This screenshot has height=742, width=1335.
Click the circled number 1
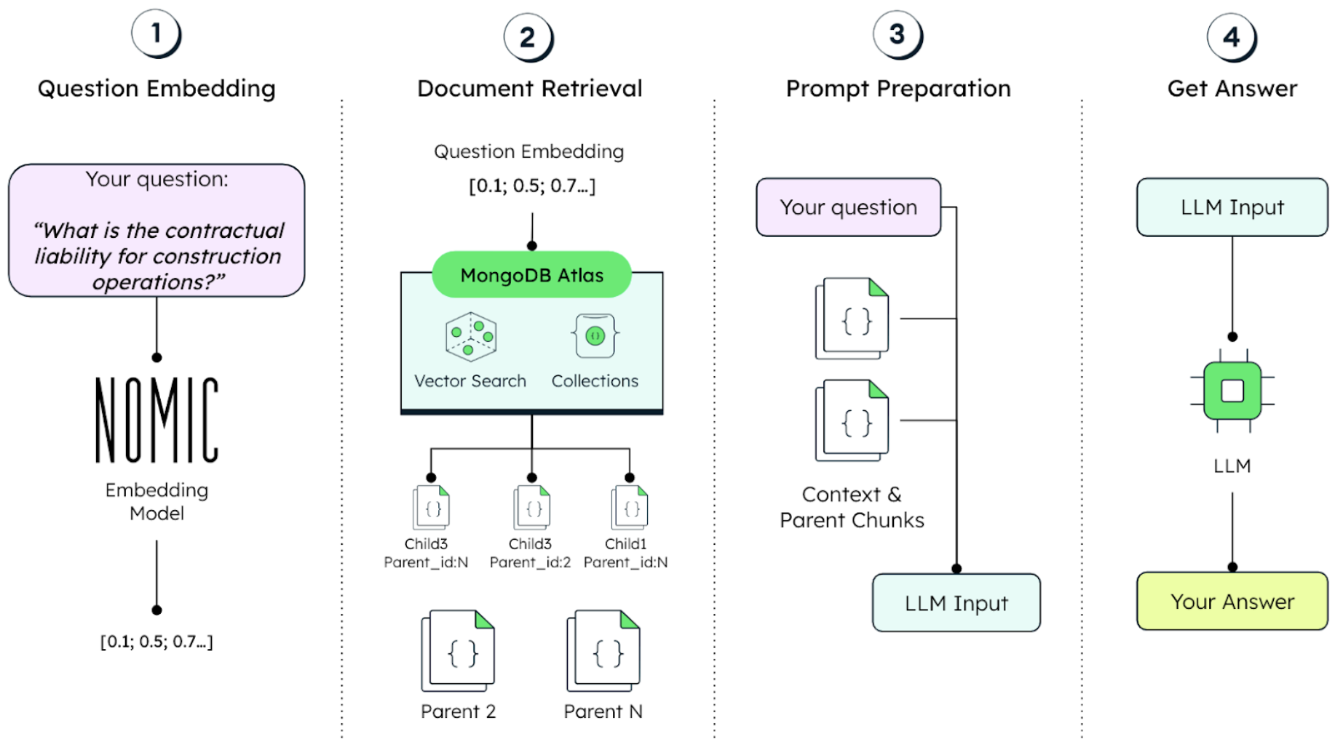pos(156,33)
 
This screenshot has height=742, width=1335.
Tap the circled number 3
pos(897,34)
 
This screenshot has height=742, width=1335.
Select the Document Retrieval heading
pos(529,89)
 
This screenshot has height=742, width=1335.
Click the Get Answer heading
pos(1232,89)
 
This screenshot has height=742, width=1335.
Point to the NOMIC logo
pos(157,420)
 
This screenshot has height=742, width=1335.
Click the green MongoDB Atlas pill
pos(531,275)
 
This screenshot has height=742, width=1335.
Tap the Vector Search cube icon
pos(471,337)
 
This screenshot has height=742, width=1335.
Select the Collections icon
pos(595,336)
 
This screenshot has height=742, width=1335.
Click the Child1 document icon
pos(630,508)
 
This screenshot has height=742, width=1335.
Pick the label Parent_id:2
pos(530,562)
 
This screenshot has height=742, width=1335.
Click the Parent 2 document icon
pos(458,651)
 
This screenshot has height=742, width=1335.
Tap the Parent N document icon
pos(603,651)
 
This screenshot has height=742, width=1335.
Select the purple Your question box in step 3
pos(848,207)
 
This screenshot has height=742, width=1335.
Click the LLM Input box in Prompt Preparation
pos(956,603)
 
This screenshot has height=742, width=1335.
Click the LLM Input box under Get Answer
pos(1232,207)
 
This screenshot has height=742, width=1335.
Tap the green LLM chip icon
pos(1232,391)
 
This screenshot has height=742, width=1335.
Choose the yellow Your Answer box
pos(1232,602)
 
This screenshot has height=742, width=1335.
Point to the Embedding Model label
pos(157,501)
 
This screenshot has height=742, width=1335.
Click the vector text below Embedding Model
pos(157,642)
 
